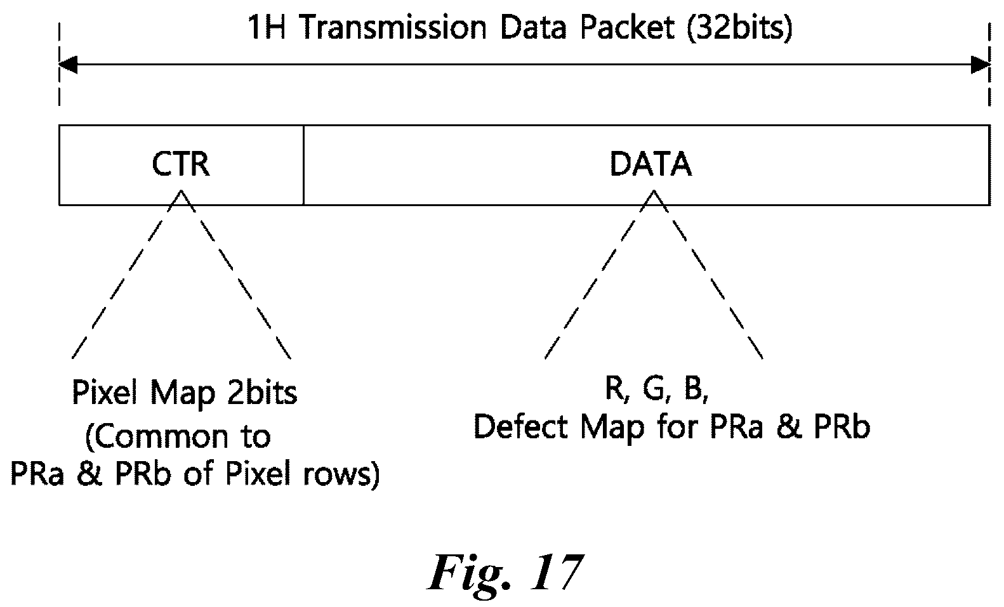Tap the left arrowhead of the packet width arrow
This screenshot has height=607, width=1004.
point(68,65)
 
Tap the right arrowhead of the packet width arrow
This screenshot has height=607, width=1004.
point(981,65)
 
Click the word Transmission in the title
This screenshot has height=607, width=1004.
point(392,28)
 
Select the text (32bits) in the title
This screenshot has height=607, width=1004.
point(739,29)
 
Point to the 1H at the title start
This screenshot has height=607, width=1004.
point(267,28)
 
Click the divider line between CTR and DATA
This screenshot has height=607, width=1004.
point(303,166)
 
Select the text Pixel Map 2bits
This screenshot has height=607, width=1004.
point(185,393)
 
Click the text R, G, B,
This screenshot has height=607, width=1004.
point(657,388)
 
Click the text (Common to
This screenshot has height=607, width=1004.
point(178,437)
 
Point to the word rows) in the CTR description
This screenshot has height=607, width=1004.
point(341,474)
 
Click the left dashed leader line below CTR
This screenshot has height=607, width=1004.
point(126,274)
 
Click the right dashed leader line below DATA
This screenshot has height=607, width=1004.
point(708,274)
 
